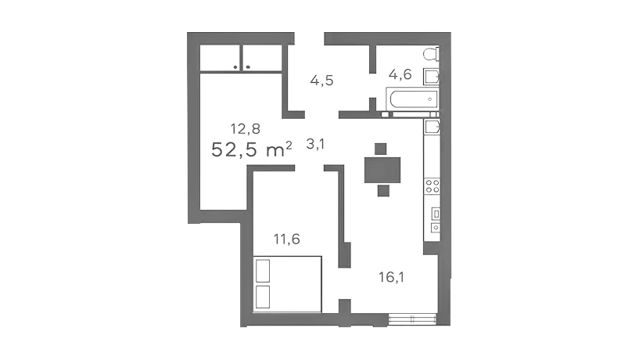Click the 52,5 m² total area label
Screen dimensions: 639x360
(x=252, y=149)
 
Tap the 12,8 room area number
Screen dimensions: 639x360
(x=246, y=129)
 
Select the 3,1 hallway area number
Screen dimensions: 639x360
(x=315, y=144)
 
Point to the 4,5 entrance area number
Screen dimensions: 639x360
(x=321, y=81)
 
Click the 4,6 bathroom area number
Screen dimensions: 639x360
(x=400, y=74)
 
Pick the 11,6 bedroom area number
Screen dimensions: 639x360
(x=287, y=239)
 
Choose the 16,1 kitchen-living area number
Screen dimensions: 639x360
(x=391, y=277)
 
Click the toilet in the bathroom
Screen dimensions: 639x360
(x=431, y=54)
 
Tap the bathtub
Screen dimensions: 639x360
(x=412, y=99)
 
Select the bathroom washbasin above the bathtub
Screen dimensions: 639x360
(x=431, y=76)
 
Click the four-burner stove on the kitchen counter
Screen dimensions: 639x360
(x=432, y=186)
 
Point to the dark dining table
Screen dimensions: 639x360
(x=382, y=170)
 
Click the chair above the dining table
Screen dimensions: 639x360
(x=380, y=149)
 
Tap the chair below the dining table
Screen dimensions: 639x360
(x=383, y=190)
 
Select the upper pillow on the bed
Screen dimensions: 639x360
(x=263, y=271)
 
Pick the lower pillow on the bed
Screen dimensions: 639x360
(x=263, y=297)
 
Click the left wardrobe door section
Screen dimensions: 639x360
(x=220, y=58)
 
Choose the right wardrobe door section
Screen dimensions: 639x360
(x=263, y=58)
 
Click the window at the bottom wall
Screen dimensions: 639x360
(x=412, y=319)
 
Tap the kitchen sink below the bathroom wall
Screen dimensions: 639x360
(x=432, y=127)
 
